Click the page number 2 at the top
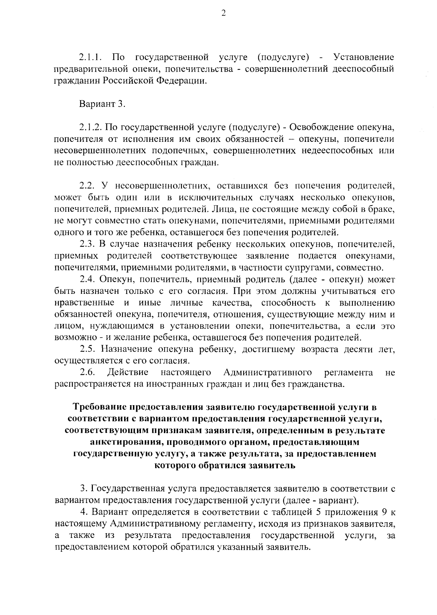[224, 13]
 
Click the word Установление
[364, 57]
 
